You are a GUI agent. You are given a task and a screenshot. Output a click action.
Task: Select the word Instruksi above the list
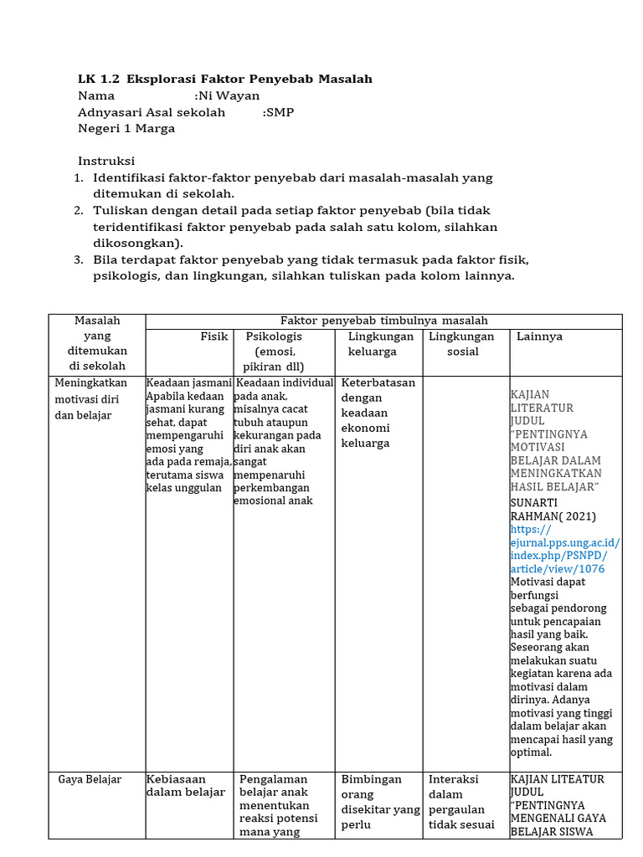[106, 162]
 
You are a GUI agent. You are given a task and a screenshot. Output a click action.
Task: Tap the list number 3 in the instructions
[79, 260]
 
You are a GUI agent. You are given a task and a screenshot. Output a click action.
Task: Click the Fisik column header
[214, 336]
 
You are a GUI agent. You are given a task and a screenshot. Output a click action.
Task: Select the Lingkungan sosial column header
[461, 344]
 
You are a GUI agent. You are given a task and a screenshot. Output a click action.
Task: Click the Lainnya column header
[540, 336]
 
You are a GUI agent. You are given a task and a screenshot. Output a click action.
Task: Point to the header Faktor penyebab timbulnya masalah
[384, 321]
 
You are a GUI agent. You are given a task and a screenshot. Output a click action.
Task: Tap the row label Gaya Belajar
[90, 780]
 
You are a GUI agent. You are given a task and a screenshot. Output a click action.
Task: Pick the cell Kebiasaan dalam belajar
[185, 786]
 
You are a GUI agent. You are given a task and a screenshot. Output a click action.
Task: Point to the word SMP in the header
[280, 113]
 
